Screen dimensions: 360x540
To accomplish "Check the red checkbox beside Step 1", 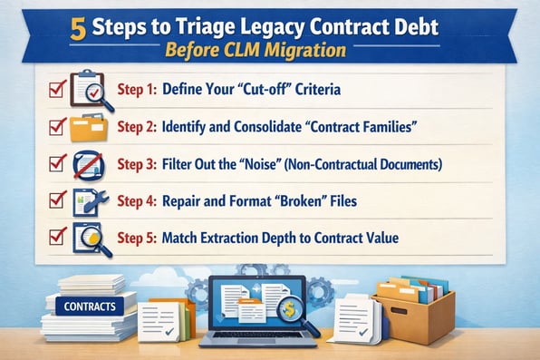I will point(54,89).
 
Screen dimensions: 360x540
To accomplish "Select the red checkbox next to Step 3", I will point(54,164).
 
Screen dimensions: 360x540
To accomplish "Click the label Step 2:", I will point(138,127).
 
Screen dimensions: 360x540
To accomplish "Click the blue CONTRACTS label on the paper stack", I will point(89,306).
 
